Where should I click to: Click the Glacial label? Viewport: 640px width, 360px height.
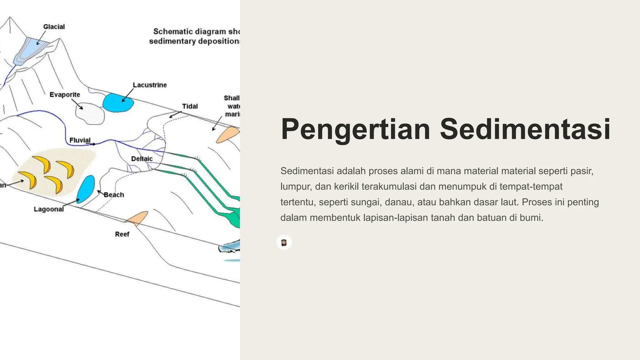(x=54, y=27)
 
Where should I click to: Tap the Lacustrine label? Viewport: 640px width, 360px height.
(x=150, y=85)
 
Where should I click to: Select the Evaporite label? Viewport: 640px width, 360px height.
(x=65, y=95)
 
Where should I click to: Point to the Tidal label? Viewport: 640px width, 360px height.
(x=190, y=106)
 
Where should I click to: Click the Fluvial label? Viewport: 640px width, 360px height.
(x=80, y=140)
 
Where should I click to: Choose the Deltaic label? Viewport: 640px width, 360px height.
(x=142, y=159)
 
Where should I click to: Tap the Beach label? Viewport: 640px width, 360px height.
(x=114, y=195)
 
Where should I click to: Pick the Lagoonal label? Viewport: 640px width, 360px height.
(x=49, y=209)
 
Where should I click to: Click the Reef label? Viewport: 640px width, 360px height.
(x=122, y=234)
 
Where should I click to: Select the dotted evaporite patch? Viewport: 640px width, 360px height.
(x=90, y=115)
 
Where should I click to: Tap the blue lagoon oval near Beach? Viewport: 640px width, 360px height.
(x=85, y=189)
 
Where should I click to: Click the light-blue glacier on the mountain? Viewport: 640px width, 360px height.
(x=31, y=50)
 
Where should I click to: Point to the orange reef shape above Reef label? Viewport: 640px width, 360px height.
(x=138, y=218)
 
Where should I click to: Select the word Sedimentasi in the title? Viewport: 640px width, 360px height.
(x=525, y=129)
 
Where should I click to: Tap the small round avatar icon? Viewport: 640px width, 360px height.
(x=284, y=242)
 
